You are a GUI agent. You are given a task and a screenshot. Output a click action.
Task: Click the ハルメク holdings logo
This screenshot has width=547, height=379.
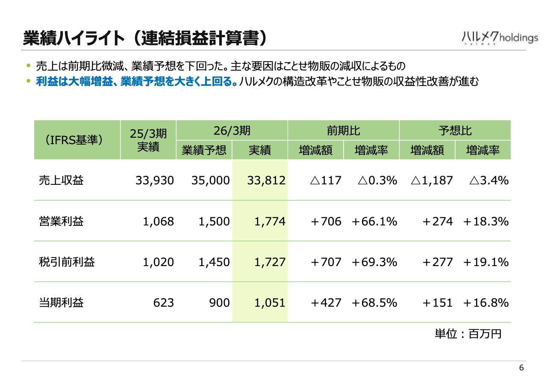pyautogui.click(x=500, y=38)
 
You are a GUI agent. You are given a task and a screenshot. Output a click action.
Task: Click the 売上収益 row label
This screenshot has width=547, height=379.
pyautogui.click(x=61, y=181)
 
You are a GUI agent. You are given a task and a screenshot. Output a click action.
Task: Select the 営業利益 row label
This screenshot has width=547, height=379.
pyautogui.click(x=61, y=221)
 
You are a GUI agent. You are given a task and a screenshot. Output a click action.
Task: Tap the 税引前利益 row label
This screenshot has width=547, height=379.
pyautogui.click(x=67, y=262)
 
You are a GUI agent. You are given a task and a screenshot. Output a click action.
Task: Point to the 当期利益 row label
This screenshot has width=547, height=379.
pyautogui.click(x=61, y=302)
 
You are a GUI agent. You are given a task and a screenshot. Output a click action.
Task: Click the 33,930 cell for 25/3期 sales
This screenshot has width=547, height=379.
pyautogui.click(x=155, y=181)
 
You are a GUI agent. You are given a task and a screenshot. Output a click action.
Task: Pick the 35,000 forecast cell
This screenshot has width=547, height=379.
pyautogui.click(x=211, y=181)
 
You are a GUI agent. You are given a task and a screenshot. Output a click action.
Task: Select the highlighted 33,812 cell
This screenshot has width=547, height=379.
pyautogui.click(x=266, y=181)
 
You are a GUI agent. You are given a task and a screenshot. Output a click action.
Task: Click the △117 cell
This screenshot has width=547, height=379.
pyautogui.click(x=326, y=181)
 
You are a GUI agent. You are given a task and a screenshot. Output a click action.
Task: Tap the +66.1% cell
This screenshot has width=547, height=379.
pyautogui.click(x=374, y=221)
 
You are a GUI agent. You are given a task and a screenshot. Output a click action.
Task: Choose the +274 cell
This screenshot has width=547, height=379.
pyautogui.click(x=438, y=221)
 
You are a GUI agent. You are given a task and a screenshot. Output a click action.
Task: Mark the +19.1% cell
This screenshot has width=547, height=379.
pyautogui.click(x=486, y=262)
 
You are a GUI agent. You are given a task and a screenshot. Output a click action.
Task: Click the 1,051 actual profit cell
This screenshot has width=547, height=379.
pyautogui.click(x=270, y=303)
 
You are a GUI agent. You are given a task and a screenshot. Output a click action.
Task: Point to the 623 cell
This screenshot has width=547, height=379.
pyautogui.click(x=164, y=303)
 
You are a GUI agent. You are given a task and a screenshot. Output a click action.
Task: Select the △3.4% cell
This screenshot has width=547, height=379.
pyautogui.click(x=489, y=181)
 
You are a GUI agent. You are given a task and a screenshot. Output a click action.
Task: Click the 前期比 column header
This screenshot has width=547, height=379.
pyautogui.click(x=343, y=130)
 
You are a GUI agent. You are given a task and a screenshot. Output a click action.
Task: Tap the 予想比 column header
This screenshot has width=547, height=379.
pyautogui.click(x=455, y=130)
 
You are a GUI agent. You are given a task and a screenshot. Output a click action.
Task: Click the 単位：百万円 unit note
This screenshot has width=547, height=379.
pyautogui.click(x=468, y=334)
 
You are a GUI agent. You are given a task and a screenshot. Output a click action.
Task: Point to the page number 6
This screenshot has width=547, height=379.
pyautogui.click(x=521, y=368)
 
